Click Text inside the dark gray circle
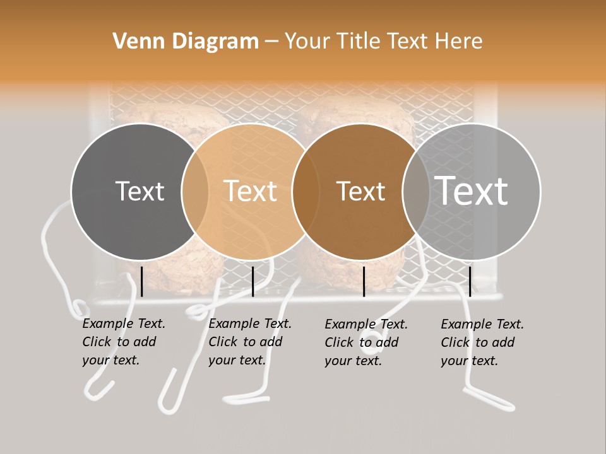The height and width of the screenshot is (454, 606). (140, 191)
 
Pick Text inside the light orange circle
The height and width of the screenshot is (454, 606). (251, 191)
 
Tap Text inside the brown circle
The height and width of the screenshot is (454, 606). (360, 191)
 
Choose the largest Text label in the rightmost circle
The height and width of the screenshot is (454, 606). (472, 190)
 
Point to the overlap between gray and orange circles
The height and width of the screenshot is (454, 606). (195, 191)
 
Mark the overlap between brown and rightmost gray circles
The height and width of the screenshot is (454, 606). (415, 191)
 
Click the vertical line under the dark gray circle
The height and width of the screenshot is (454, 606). (142, 281)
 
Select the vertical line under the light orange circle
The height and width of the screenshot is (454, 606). (252, 281)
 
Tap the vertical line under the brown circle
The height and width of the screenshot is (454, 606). (364, 281)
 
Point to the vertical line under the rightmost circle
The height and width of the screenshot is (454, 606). (470, 281)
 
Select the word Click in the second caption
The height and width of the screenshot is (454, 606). (222, 342)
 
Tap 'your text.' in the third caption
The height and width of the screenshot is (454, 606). (353, 361)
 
